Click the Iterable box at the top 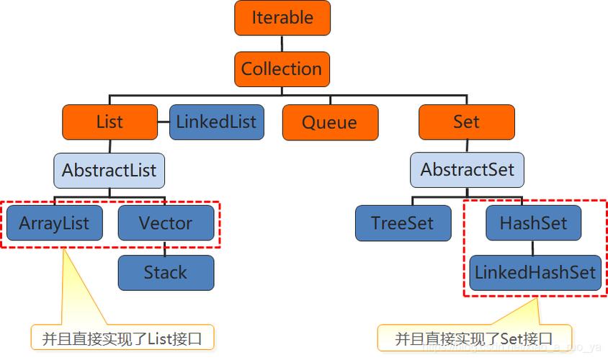point(282,18)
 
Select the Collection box point(282,69)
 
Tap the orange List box point(109,122)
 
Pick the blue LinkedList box point(216,122)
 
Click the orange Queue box point(329,122)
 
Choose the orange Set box point(466,122)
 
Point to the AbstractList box point(109,171)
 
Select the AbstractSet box point(468,171)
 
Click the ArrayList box point(54,223)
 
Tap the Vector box point(166,223)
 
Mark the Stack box point(166,273)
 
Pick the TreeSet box point(403,223)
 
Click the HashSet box point(533,223)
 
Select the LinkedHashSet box point(535,273)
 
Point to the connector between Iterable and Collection point(282,43)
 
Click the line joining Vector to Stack point(166,248)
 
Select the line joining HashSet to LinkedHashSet point(533,248)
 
